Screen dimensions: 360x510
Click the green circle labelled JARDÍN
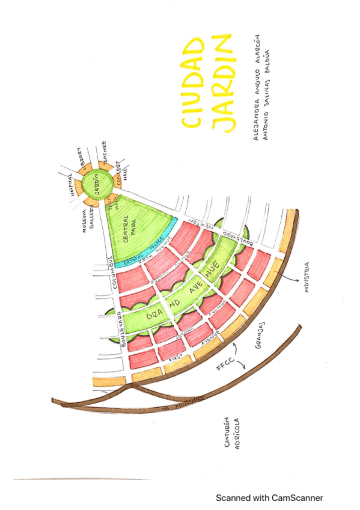(x=95, y=183)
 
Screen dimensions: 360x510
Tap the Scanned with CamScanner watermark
(x=269, y=498)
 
